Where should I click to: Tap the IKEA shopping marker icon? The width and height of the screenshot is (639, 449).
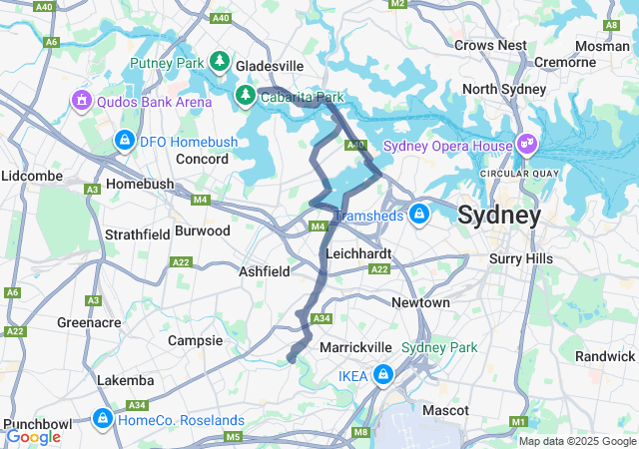coord(384,375)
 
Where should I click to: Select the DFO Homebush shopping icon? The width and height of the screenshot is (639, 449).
coord(124,142)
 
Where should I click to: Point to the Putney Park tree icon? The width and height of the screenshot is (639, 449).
coord(220,63)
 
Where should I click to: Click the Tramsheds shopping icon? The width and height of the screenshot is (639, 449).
coord(420,215)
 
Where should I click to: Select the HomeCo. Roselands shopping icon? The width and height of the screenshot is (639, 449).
coord(103,418)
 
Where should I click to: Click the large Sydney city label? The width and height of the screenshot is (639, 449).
coord(499,215)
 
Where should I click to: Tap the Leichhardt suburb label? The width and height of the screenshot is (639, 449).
coord(355,253)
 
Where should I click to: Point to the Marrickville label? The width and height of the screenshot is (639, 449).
coord(355,346)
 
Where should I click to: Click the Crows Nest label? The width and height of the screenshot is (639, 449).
coord(490,45)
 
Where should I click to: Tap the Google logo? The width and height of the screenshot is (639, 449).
coord(33,436)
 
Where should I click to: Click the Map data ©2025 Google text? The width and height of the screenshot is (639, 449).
coord(576,441)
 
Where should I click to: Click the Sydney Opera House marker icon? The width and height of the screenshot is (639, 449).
coord(527,146)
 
